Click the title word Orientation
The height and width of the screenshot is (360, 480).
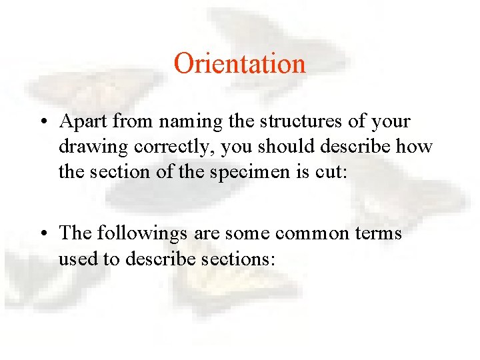point(239,64)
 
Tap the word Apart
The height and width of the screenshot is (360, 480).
point(83,122)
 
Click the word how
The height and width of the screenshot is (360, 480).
point(417,146)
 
